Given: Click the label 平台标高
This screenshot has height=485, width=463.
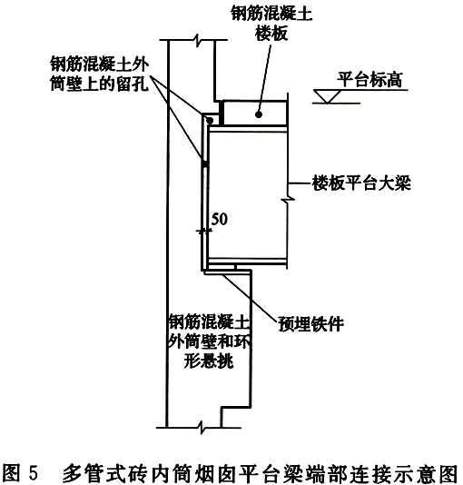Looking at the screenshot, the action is click(369, 80).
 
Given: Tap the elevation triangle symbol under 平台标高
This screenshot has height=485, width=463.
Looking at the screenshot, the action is click(328, 96).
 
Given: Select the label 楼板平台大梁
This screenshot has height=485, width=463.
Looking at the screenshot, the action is click(361, 183).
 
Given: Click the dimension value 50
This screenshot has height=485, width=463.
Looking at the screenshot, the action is click(220, 219).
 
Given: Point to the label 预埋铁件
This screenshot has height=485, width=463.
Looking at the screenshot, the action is click(310, 324).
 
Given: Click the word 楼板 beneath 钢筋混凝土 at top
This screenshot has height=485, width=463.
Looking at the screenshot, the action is click(271, 33).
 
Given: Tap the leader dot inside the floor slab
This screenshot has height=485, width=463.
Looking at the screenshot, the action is click(259, 114).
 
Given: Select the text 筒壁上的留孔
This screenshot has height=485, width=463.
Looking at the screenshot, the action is click(100, 84).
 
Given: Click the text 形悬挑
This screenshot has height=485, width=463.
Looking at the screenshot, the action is click(209, 361).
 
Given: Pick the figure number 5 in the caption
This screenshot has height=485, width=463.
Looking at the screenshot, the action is click(34, 473).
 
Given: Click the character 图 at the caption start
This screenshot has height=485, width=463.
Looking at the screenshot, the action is click(11, 473).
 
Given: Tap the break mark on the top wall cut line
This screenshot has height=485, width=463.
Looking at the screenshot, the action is click(197, 41).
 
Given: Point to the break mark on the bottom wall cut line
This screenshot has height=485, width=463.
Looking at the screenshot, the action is click(202, 428).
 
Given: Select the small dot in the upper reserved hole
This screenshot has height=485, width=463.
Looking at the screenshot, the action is click(210, 120).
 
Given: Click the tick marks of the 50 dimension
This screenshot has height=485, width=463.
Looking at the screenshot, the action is click(204, 231).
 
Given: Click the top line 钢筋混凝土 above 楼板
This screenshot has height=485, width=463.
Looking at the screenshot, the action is click(271, 14).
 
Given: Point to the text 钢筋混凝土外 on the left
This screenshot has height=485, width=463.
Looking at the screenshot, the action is click(100, 64).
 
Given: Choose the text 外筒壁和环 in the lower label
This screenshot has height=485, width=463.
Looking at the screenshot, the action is click(209, 341).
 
